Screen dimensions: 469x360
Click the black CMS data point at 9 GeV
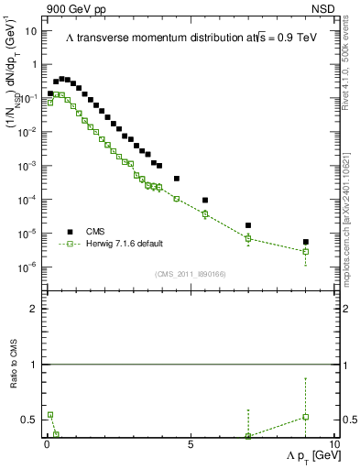pyautogui.click(x=305, y=243)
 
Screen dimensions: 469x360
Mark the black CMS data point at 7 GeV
pyautogui.click(x=248, y=225)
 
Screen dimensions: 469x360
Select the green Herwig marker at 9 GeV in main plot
pyautogui.click(x=305, y=251)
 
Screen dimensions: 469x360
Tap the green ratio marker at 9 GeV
pyautogui.click(x=305, y=417)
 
